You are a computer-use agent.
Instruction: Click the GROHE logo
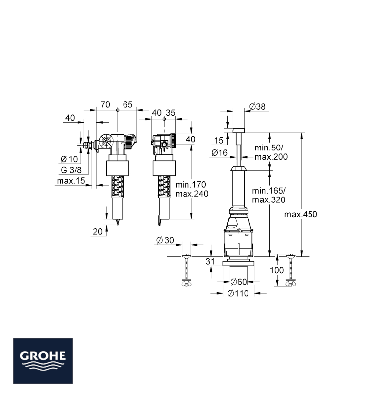click(43, 361)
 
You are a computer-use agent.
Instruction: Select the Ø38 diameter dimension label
click(257, 107)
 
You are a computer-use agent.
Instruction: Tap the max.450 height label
click(301, 214)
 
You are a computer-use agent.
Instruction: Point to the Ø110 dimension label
click(238, 293)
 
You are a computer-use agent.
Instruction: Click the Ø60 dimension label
click(239, 281)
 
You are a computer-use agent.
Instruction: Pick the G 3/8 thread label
click(71, 170)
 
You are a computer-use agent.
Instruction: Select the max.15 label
click(71, 181)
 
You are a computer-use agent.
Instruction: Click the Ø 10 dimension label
click(69, 159)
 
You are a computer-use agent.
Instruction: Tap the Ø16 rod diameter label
click(219, 153)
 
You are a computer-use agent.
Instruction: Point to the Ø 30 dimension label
click(165, 240)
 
